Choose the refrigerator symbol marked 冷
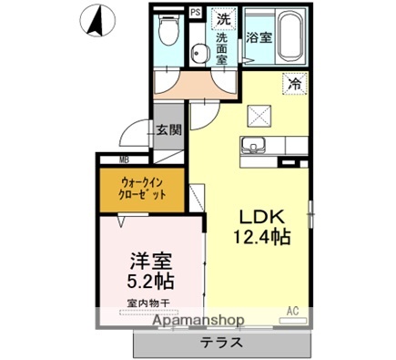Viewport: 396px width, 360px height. (294, 84)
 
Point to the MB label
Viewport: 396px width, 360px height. (124, 160)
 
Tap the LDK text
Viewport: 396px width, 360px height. (263, 218)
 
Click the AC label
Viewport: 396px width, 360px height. (293, 311)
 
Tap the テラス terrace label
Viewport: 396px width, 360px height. (221, 344)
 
